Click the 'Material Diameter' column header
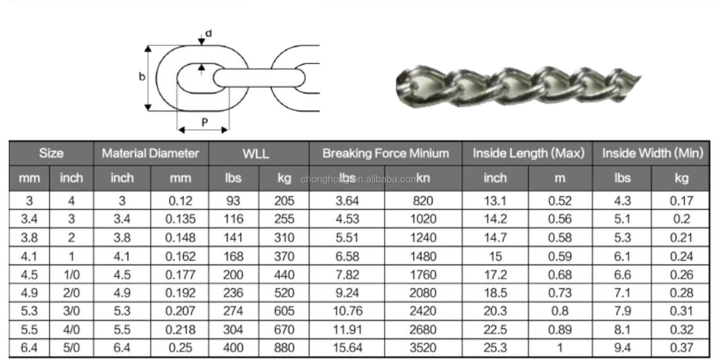click(x=151, y=153)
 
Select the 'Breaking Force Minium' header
click(x=385, y=153)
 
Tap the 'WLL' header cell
click(x=256, y=153)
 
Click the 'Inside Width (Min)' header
click(x=652, y=153)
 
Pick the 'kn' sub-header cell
click(x=423, y=178)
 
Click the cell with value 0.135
click(x=180, y=219)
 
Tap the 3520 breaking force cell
click(x=423, y=348)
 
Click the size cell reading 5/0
click(x=72, y=348)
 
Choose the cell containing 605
click(x=284, y=311)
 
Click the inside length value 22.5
click(x=495, y=329)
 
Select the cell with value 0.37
click(x=681, y=348)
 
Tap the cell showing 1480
click(x=423, y=256)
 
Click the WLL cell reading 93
click(x=233, y=201)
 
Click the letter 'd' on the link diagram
click(x=209, y=33)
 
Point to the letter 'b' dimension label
click(x=142, y=77)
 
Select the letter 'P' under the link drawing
click(x=204, y=122)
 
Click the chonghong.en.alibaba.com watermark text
click(x=359, y=180)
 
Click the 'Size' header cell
click(x=51, y=153)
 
